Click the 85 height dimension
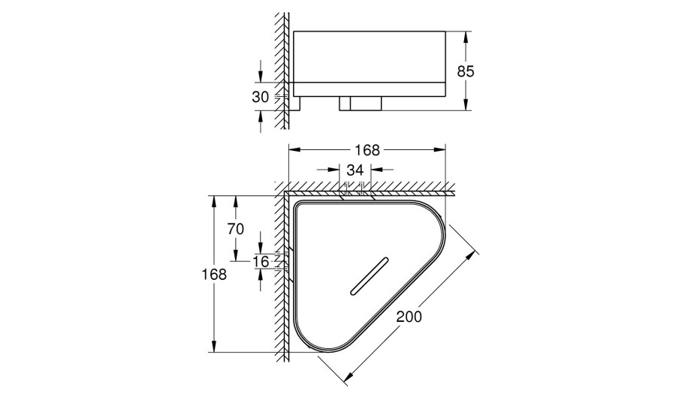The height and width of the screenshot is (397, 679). pos(466,71)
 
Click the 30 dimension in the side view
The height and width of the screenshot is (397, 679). pos(260,97)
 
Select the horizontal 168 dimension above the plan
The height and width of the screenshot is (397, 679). pos(367,150)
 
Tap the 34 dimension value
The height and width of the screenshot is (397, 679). pos(355,170)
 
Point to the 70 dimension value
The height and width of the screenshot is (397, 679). pos(236,229)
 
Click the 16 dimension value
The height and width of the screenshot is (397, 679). pos(261,261)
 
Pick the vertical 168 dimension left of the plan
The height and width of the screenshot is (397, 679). pos(214,274)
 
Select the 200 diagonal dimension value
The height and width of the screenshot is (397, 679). pos(409,317)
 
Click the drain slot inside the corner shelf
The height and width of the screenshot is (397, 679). pos(369,277)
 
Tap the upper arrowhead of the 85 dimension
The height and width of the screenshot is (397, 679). pos(466,36)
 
